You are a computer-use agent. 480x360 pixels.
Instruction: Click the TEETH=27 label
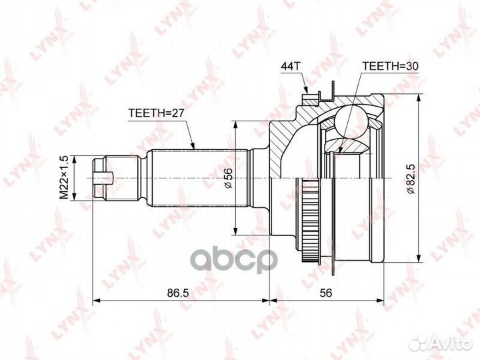click(x=156, y=113)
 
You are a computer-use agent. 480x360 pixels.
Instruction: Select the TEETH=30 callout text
click(x=390, y=66)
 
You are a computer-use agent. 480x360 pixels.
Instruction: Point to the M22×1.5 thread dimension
click(x=64, y=177)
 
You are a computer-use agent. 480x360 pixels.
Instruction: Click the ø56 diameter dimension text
click(x=229, y=178)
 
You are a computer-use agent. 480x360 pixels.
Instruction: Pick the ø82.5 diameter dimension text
click(x=411, y=179)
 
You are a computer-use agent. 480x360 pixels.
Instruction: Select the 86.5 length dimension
click(x=178, y=293)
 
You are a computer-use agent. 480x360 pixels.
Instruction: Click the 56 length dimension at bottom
click(x=326, y=293)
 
